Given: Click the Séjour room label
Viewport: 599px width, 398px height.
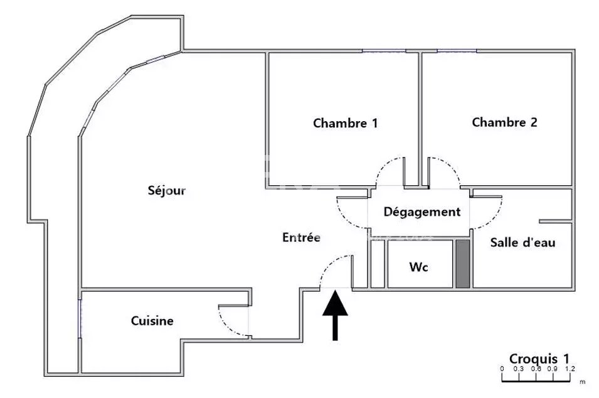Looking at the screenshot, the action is tap(167, 190).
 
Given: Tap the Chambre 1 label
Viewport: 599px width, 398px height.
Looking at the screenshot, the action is tap(346, 123).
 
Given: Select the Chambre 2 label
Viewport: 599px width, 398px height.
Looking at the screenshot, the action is tap(504, 122).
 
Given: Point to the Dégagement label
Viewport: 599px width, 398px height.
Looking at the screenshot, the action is tap(421, 212).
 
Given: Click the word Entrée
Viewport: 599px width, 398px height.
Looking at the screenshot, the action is tap(302, 237).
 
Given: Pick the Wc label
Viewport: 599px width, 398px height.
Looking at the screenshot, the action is tap(419, 267).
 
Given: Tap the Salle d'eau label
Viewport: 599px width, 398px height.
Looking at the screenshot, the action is tap(522, 242).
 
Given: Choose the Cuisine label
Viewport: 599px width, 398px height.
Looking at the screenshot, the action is tap(152, 321).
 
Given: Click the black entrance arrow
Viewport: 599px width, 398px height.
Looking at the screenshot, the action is tap(335, 315).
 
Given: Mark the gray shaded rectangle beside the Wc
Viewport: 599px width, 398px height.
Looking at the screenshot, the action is tap(463, 264).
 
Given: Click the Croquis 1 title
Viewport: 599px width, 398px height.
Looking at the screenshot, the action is tap(539, 359).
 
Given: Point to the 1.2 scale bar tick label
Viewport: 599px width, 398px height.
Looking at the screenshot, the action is tap(570, 369).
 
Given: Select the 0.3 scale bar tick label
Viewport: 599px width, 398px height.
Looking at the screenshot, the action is tap(518, 369).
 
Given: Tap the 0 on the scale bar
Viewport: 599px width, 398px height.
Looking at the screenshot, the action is tap(502, 369).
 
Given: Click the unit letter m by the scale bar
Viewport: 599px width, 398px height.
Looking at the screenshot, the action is tap(582, 382).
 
